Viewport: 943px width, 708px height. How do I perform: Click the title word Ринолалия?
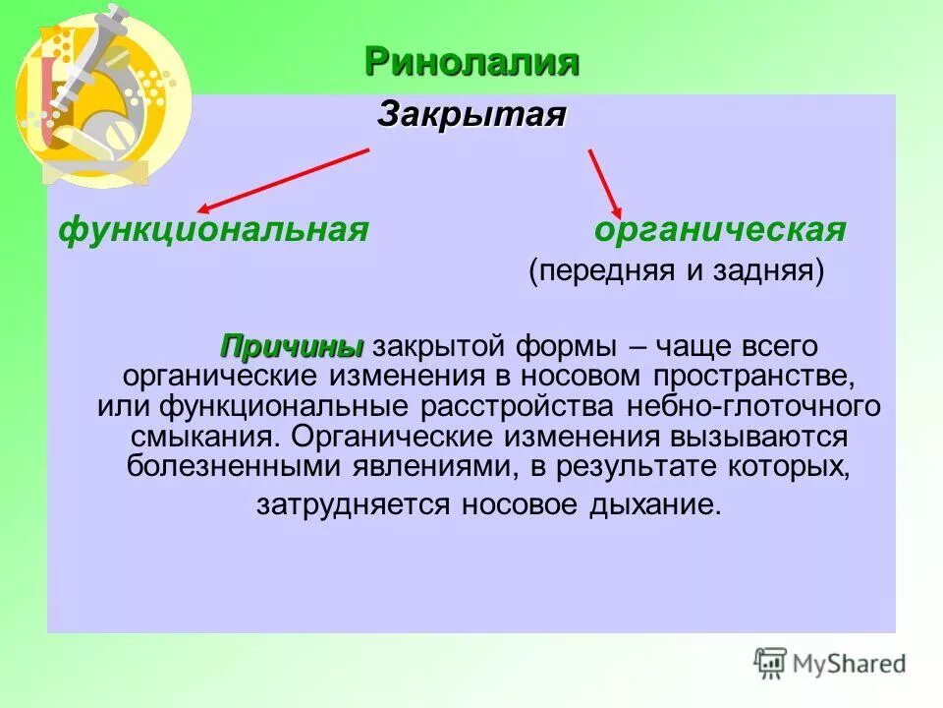pos(471,62)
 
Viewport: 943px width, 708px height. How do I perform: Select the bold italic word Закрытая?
pos(471,114)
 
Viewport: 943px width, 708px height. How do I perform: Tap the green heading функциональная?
pos(213,230)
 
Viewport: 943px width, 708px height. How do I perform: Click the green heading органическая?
pos(720,230)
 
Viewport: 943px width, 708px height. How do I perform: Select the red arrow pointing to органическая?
pos(604,183)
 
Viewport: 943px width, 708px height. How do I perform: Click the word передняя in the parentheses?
pos(601,270)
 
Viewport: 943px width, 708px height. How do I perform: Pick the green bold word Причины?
pos(292,347)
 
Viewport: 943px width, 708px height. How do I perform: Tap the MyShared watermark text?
pos(850,664)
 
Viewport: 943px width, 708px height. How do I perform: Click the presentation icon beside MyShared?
pos(770,663)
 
